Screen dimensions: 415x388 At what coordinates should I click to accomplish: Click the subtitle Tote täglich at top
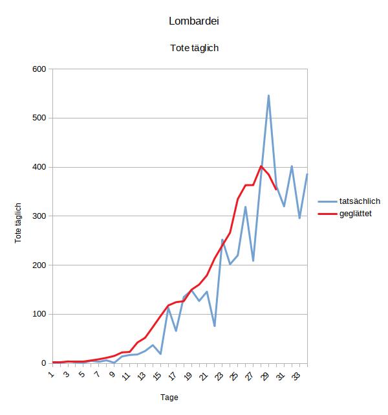194,48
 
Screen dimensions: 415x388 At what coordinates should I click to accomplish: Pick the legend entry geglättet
355,214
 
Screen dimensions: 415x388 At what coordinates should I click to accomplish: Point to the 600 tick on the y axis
38,69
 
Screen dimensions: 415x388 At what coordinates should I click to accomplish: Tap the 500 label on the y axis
38,118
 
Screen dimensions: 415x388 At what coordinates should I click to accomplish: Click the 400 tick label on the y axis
38,167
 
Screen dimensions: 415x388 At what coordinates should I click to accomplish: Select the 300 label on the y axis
38,216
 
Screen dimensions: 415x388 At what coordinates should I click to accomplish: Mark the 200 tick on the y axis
38,265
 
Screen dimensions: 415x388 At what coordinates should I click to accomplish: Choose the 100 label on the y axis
38,314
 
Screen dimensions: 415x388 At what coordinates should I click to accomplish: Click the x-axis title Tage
169,397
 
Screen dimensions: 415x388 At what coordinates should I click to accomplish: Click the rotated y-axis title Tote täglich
18,222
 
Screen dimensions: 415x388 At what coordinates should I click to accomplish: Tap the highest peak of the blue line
268,96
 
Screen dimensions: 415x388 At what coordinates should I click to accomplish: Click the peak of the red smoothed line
261,166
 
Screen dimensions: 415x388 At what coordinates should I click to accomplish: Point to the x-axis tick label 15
157,374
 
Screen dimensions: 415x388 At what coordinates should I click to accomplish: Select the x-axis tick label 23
219,374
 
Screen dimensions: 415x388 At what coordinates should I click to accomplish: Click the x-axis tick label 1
51,373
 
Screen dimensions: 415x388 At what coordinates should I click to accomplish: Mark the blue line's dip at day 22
214,326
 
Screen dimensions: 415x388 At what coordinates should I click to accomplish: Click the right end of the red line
276,189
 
